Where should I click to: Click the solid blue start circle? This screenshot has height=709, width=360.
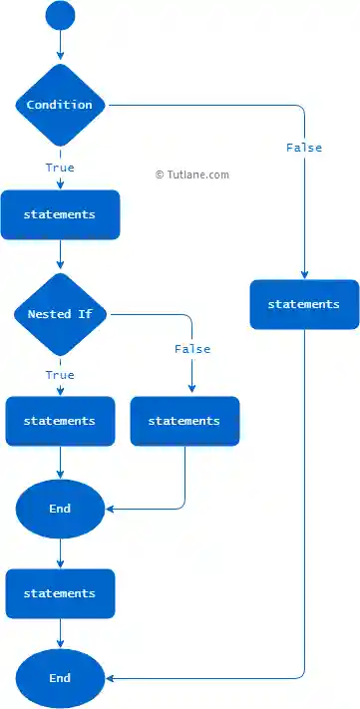coord(60,16)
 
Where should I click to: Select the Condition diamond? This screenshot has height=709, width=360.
coord(60,105)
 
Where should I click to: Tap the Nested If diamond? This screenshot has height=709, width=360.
coord(61,314)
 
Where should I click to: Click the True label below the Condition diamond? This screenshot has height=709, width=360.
coord(60,168)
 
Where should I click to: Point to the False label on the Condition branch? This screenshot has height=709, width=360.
coord(304,148)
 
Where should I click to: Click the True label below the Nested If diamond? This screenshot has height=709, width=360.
coord(60,375)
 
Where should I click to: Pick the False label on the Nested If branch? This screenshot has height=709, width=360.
coord(192,349)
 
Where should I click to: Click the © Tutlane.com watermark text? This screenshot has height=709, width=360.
coord(192,175)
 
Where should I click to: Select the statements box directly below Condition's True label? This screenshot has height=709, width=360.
coord(60,214)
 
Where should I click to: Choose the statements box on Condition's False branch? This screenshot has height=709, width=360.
coord(304,304)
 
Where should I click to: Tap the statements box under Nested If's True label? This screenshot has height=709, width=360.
coord(60,421)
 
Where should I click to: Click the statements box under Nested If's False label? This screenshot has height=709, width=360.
coord(184,421)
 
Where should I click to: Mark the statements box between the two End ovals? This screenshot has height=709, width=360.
coord(60,593)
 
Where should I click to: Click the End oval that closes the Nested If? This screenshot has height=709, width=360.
coord(60,509)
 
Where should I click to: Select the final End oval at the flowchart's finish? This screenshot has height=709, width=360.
coord(60,678)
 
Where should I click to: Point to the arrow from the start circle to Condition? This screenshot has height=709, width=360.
coord(60,45)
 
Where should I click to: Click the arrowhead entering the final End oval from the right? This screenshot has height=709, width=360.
coord(110,678)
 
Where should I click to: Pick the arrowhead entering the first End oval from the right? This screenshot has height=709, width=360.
coord(110,509)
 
